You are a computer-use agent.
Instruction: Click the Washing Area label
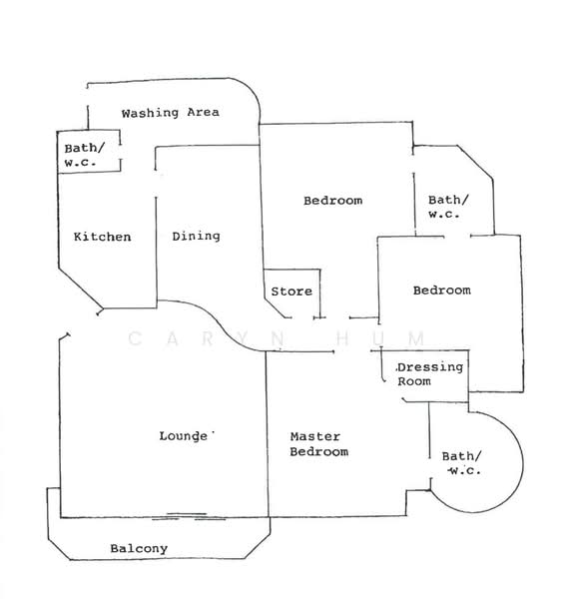[x=171, y=113]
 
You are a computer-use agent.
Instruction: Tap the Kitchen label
[x=103, y=237]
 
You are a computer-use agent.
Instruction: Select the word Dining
[x=196, y=237]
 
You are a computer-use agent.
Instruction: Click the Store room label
[x=291, y=292]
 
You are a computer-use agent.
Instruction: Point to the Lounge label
[x=184, y=436]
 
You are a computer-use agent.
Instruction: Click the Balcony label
[x=139, y=548]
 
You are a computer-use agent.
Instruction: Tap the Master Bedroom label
[x=318, y=444]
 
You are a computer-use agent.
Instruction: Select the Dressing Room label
[x=429, y=374]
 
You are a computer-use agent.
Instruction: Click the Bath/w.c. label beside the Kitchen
[x=85, y=155]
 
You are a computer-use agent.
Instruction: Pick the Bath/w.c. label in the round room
[x=462, y=463]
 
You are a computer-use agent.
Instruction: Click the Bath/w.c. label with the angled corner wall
[x=448, y=207]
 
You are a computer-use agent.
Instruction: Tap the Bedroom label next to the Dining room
[x=333, y=201]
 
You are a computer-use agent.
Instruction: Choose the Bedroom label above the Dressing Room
[x=442, y=291]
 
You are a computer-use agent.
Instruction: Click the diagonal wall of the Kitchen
[x=80, y=288]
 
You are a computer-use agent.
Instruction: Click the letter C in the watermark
[x=136, y=338]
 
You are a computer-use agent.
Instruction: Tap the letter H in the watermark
[x=342, y=338]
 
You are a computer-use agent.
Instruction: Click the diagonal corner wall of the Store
[x=275, y=307]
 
